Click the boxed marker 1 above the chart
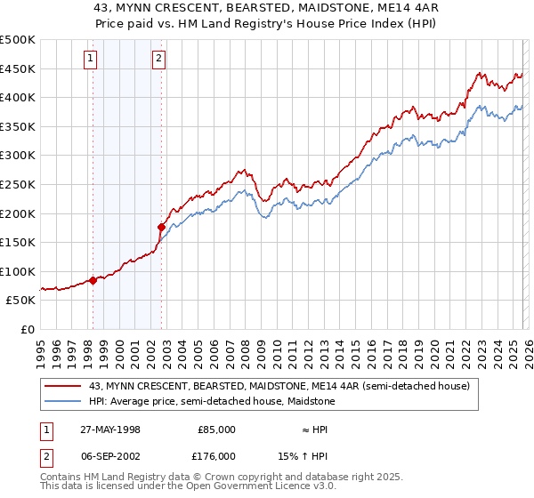click(x=92, y=60)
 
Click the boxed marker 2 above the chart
click(x=158, y=60)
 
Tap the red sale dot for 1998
click(x=93, y=280)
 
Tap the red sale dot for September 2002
click(x=161, y=227)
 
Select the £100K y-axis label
click(x=19, y=271)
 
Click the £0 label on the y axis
click(x=28, y=329)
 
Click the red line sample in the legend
click(x=63, y=386)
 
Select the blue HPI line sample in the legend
click(x=63, y=401)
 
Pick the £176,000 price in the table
click(x=216, y=457)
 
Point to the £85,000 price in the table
click(x=216, y=429)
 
